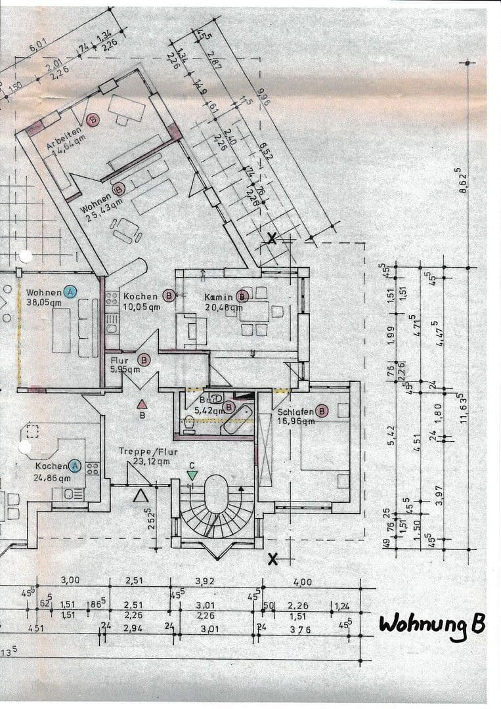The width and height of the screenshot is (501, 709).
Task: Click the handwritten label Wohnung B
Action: click(x=431, y=624)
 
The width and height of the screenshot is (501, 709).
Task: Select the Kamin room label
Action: click(x=219, y=297)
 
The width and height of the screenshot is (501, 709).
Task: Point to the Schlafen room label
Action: click(x=295, y=412)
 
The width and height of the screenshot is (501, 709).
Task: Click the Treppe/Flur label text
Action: click(x=144, y=452)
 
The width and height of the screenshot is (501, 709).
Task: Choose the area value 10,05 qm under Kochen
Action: click(x=141, y=306)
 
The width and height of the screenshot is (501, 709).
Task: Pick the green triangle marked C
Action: click(x=192, y=475)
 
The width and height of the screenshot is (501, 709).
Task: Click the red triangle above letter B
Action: click(x=141, y=404)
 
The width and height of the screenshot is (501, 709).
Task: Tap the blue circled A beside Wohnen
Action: click(x=70, y=292)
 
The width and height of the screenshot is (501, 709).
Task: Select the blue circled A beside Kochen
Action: click(x=74, y=466)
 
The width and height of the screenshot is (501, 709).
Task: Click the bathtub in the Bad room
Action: click(x=236, y=421)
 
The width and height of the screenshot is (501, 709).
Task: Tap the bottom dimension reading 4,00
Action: click(x=303, y=582)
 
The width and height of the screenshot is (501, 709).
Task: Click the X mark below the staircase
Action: click(x=273, y=559)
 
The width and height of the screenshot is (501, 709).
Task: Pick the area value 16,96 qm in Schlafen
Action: click(x=296, y=421)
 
